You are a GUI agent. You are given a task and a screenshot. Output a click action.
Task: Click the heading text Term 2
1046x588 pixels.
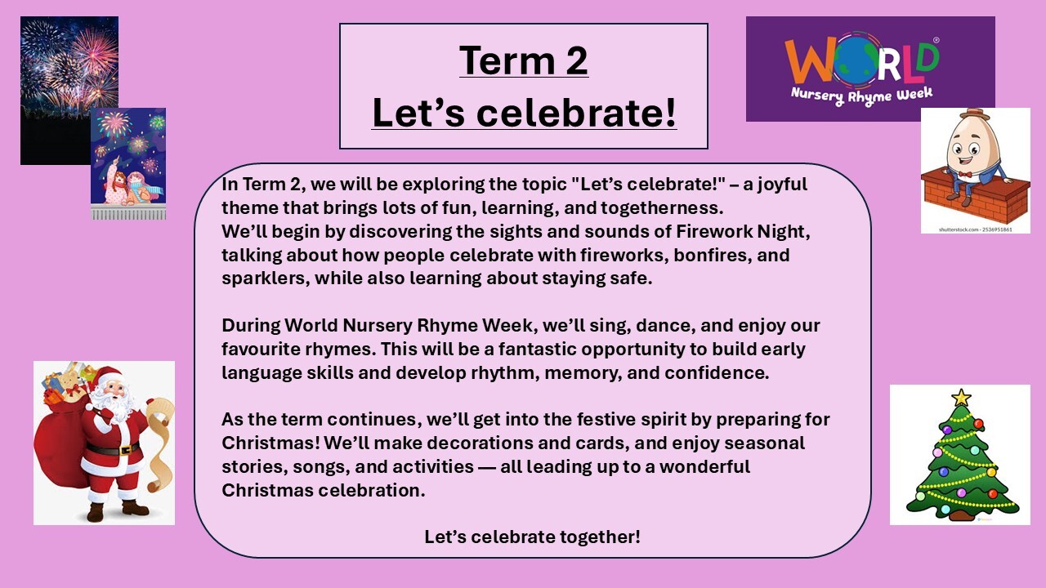point(524,60)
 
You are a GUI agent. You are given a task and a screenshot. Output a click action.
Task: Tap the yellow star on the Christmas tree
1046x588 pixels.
point(961,398)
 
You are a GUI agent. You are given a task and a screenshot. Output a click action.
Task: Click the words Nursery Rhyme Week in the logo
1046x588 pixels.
point(861,96)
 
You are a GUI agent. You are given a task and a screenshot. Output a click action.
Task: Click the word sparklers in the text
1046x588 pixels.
point(263,278)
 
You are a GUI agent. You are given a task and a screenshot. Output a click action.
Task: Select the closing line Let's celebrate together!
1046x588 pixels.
point(532,537)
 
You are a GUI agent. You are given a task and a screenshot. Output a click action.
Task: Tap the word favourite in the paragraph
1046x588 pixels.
point(261,349)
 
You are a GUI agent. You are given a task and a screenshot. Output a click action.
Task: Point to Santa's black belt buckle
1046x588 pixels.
point(124,450)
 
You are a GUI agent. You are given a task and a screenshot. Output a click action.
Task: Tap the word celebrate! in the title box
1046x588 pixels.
point(576,113)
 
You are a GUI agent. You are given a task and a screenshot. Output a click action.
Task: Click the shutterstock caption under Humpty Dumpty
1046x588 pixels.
point(976,229)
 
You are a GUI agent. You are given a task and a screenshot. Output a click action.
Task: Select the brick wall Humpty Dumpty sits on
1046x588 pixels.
point(975,198)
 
